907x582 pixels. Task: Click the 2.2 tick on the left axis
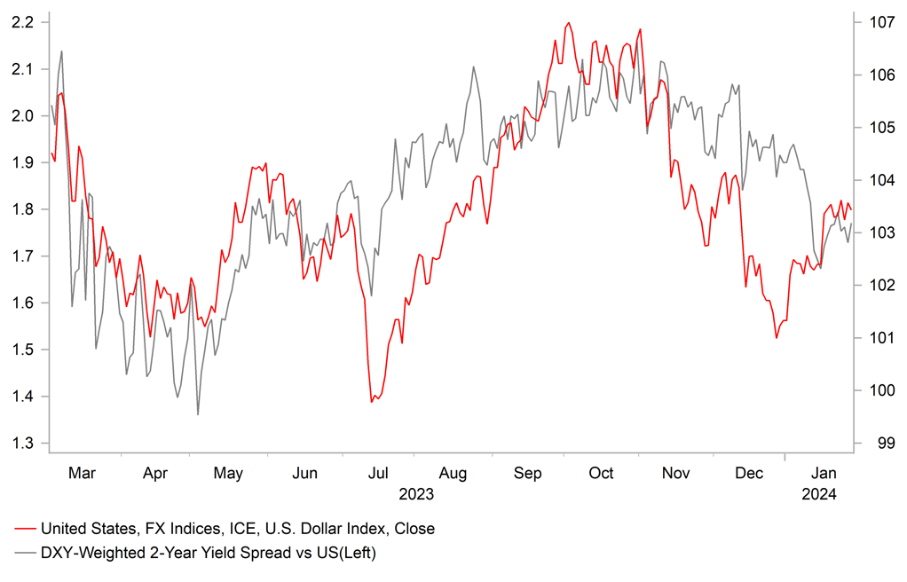(x=25, y=22)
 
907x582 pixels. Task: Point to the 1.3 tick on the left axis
(x=25, y=444)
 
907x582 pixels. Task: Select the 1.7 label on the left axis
(x=25, y=256)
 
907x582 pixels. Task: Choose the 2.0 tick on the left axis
(x=25, y=116)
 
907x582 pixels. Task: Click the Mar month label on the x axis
(x=82, y=474)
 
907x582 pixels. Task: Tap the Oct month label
(x=601, y=474)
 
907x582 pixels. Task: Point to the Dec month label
(x=750, y=474)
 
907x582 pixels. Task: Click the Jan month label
(x=824, y=474)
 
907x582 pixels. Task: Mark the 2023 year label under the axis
(x=417, y=494)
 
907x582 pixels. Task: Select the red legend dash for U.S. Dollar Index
(x=26, y=529)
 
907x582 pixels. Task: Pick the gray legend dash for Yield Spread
(x=26, y=554)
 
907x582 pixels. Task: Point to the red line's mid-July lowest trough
(x=373, y=402)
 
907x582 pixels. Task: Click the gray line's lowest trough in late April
(x=197, y=414)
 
